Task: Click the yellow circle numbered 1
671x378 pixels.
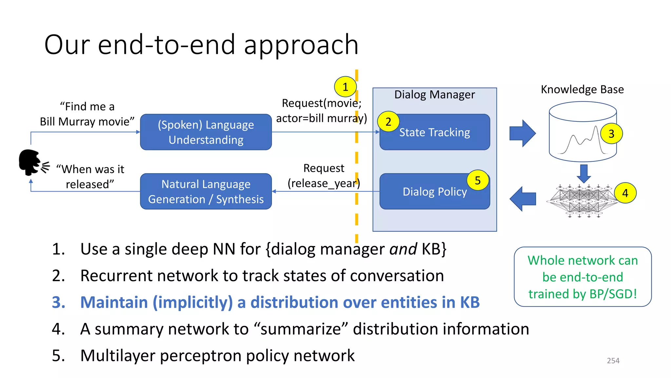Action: click(345, 87)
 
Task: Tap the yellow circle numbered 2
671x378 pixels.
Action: click(388, 122)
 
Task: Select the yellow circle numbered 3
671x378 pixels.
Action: click(611, 134)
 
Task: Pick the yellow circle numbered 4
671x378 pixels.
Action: click(625, 193)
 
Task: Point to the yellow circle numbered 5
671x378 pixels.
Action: click(478, 180)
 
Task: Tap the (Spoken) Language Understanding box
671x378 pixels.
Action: click(206, 132)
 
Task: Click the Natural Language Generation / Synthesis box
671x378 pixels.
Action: click(206, 192)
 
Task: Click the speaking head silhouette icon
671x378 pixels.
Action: click(30, 162)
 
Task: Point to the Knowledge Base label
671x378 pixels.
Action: click(582, 89)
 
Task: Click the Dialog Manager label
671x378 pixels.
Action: click(434, 94)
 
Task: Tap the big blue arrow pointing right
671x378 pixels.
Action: click(522, 133)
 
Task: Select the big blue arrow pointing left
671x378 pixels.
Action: click(523, 199)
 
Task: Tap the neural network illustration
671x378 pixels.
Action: click(582, 201)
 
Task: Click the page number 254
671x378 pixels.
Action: click(613, 361)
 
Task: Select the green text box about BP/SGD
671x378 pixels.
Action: click(583, 277)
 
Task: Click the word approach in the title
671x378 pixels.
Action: click(301, 45)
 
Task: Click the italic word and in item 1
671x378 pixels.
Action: click(403, 249)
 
